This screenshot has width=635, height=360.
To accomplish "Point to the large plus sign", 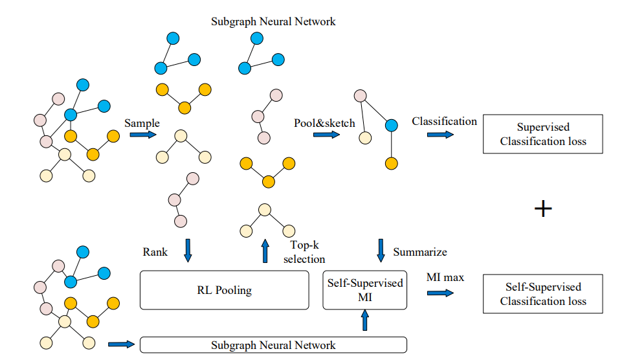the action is pyautogui.click(x=543, y=209).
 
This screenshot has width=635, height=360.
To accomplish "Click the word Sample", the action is pyautogui.click(x=142, y=123).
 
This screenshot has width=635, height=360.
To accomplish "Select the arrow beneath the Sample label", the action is pyautogui.click(x=143, y=135).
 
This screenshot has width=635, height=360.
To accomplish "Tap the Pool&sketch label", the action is pyautogui.click(x=324, y=123).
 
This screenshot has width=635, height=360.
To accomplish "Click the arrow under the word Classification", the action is pyautogui.click(x=440, y=135).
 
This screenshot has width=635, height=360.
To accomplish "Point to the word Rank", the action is pyautogui.click(x=155, y=252).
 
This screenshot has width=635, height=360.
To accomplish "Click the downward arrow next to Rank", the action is pyautogui.click(x=188, y=251).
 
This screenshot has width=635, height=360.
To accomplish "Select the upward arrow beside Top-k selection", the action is pyautogui.click(x=265, y=251).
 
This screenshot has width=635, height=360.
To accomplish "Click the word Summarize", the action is pyautogui.click(x=420, y=252).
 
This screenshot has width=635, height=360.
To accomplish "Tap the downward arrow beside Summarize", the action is pyautogui.click(x=381, y=251).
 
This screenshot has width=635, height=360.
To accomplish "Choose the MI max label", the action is pyautogui.click(x=445, y=277).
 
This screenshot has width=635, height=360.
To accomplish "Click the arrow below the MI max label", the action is pyautogui.click(x=440, y=293).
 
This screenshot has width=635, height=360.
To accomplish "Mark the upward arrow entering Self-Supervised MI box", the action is pyautogui.click(x=365, y=320).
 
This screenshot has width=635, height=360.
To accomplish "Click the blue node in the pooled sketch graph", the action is pyautogui.click(x=391, y=126).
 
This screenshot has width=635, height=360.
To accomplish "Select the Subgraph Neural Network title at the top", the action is pyautogui.click(x=273, y=21).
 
